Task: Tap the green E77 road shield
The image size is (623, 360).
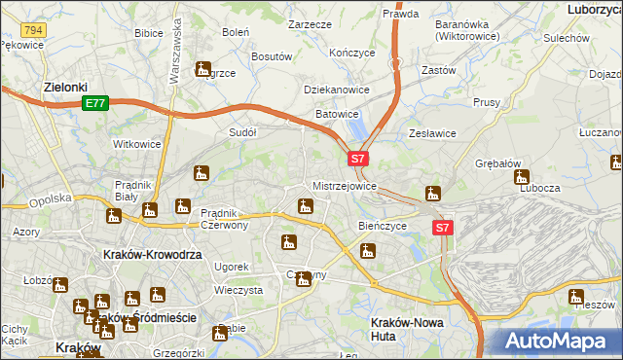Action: tap(94, 103)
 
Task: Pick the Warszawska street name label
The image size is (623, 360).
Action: tap(176, 48)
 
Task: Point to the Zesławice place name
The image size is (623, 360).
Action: tap(433, 133)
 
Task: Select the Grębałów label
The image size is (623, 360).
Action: tap(499, 163)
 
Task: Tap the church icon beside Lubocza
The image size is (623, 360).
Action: tap(522, 178)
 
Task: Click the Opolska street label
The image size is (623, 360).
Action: tap(50, 198)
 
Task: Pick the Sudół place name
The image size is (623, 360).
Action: tap(241, 131)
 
